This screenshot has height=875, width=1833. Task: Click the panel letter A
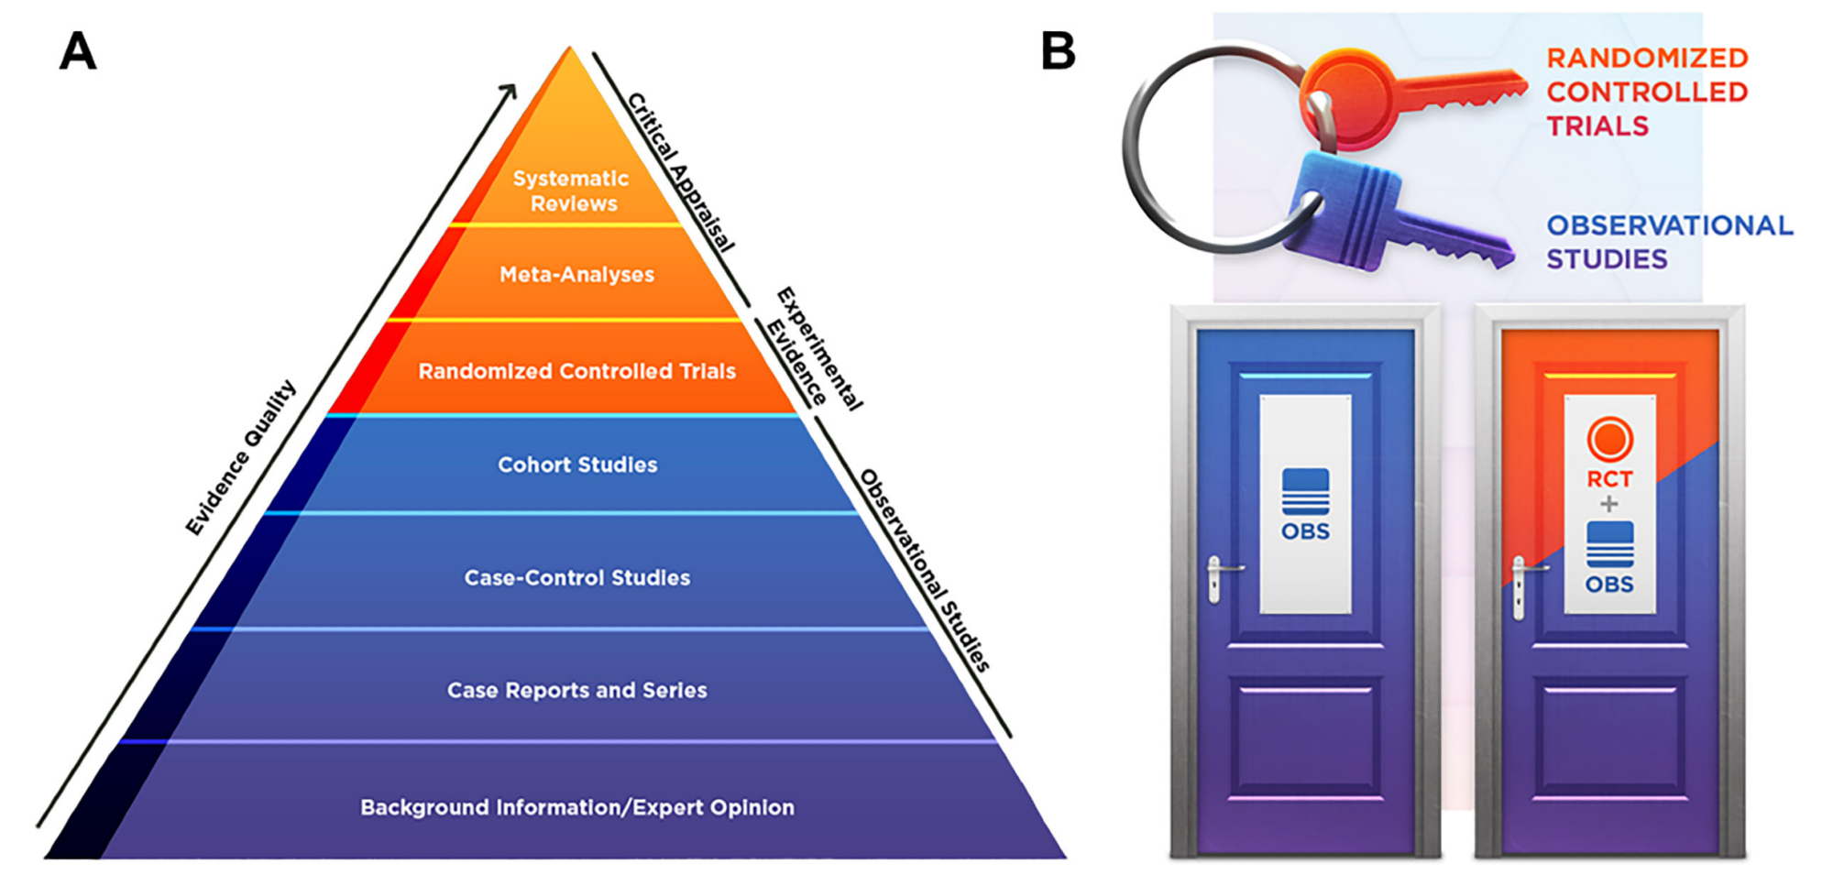(78, 51)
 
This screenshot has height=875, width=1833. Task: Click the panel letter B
(1059, 51)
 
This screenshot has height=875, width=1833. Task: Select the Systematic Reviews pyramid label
(572, 191)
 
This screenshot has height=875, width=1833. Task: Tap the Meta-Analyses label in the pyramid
(576, 274)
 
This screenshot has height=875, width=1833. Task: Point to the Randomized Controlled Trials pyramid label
(576, 371)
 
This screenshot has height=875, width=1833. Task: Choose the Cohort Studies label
(577, 465)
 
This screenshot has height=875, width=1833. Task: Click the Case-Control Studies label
(576, 578)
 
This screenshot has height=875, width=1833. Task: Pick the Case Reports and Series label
(576, 690)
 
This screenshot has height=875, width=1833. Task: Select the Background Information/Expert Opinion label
(576, 807)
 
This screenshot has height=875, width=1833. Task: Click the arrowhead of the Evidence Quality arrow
(510, 91)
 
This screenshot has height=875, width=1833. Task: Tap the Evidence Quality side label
(240, 458)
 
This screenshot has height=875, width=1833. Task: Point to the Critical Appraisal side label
(681, 172)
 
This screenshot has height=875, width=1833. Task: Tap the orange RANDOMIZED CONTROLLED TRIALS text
(1647, 92)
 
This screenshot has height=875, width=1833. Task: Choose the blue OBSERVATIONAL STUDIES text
(1669, 242)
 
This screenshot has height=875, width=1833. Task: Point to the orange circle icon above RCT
(1609, 439)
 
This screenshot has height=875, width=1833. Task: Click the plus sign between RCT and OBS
(1608, 504)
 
